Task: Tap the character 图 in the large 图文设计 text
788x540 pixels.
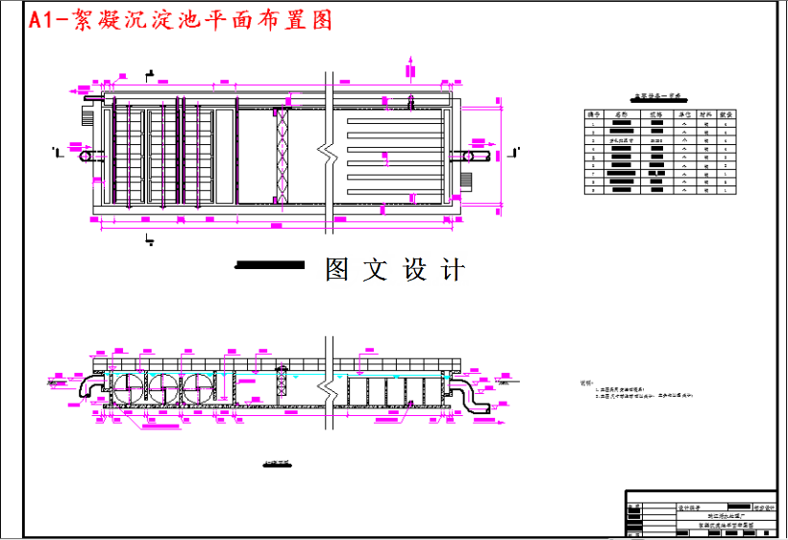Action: (x=337, y=270)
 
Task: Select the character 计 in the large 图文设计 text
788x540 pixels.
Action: (x=452, y=270)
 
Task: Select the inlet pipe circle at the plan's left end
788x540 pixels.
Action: (x=86, y=154)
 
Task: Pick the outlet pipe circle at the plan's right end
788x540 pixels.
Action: (x=471, y=155)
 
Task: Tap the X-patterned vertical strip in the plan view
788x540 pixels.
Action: (x=283, y=154)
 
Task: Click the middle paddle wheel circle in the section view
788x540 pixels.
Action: (x=162, y=389)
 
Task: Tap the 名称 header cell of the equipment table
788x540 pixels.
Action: (x=621, y=114)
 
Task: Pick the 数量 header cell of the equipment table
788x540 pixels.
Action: (x=727, y=114)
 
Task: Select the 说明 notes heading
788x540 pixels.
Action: (x=586, y=382)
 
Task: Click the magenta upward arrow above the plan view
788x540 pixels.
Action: (x=411, y=67)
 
